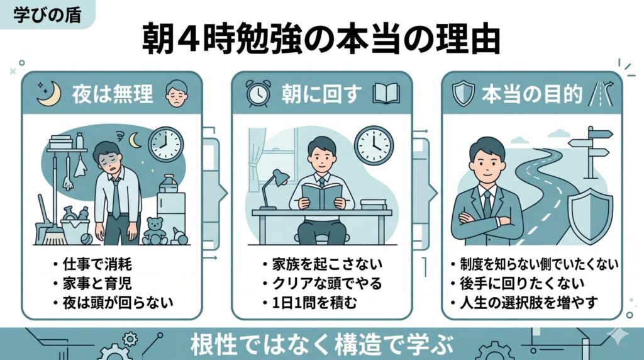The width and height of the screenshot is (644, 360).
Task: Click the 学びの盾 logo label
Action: [x=47, y=14]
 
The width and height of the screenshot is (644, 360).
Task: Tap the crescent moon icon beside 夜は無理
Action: [x=47, y=94]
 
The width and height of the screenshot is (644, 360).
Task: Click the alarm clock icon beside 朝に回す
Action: [x=258, y=94]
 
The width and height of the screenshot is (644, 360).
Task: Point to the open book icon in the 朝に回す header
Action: [x=386, y=94]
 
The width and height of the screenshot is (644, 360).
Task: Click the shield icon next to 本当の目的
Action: [x=463, y=94]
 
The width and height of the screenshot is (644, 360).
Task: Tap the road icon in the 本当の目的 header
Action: [x=600, y=94]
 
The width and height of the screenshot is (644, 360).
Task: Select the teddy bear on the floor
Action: [x=154, y=231]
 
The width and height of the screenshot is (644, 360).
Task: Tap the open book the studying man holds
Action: [x=321, y=195]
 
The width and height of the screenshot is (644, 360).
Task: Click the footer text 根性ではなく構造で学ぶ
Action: [x=321, y=344]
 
